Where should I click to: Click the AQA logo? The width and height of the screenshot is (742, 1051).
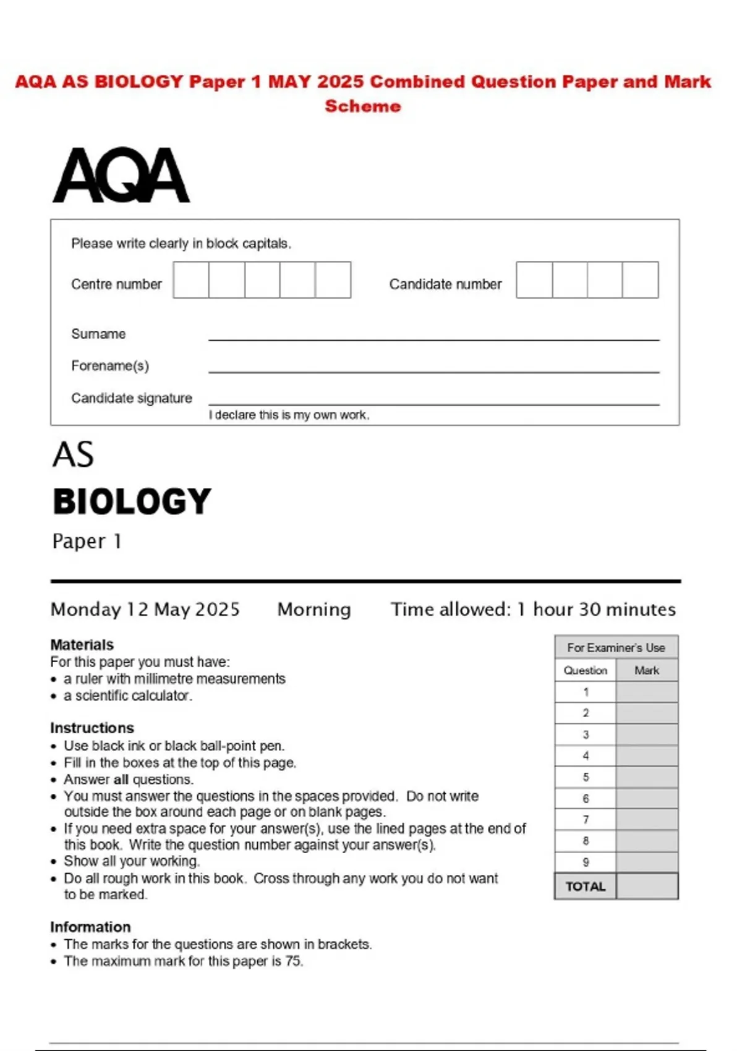[121, 175]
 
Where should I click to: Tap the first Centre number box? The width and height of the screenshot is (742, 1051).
[191, 280]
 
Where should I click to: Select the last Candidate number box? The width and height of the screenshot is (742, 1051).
[641, 280]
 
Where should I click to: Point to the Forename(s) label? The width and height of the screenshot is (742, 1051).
[110, 366]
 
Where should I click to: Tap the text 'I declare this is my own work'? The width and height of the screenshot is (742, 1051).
[289, 415]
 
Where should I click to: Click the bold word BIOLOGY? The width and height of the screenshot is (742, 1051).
[132, 501]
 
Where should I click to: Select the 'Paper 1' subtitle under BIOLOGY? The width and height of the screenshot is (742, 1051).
[87, 542]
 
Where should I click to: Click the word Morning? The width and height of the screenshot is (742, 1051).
[314, 610]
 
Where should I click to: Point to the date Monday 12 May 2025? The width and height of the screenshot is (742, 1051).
[145, 610]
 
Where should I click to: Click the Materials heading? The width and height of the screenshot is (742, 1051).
[82, 645]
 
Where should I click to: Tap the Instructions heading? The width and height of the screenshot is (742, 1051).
[92, 728]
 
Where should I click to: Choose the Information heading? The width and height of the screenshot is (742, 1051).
[90, 927]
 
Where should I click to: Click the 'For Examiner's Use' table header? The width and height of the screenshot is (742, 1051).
[616, 648]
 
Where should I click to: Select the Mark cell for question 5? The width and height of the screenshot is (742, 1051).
[647, 777]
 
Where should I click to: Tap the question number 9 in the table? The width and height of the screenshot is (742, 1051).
[586, 862]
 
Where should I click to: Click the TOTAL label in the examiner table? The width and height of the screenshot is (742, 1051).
[586, 887]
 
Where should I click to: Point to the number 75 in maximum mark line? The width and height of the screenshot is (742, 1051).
[293, 961]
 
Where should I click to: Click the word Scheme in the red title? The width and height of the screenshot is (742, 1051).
[363, 106]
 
